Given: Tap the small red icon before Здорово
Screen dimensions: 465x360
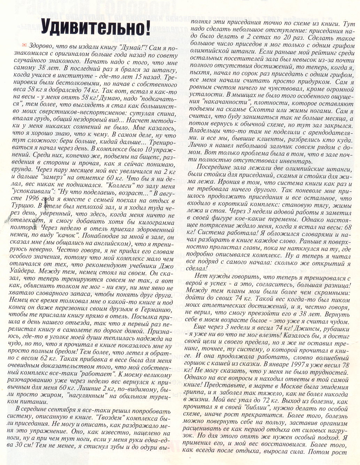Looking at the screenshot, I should click(24, 45).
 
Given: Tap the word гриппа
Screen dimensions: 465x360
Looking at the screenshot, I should click(195, 394).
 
